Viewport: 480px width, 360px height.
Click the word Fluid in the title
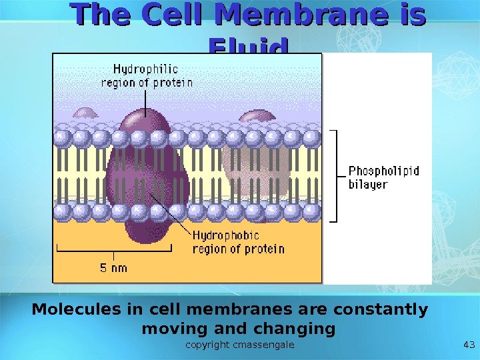coord(248,47)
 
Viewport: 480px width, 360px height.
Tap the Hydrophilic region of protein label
coord(147,75)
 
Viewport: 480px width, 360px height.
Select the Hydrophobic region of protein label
coord(238,242)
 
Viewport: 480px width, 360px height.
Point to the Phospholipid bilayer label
coord(384,177)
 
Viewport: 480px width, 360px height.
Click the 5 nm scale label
coord(113,268)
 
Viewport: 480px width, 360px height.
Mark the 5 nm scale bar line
coord(114,251)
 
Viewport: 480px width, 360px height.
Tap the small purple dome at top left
coord(85,113)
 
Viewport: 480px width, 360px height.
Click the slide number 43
coord(467,345)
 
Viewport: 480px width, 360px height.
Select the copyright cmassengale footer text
coord(240,345)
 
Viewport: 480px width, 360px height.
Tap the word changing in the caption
coord(297,329)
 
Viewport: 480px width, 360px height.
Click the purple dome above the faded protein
coord(257,116)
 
